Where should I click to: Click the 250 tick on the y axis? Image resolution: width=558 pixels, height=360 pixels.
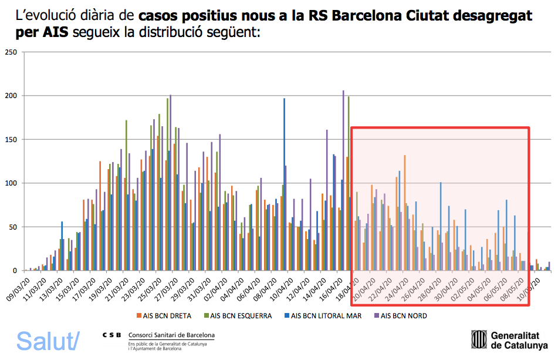(x=9, y=52)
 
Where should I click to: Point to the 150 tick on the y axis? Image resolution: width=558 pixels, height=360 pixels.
(x=9, y=140)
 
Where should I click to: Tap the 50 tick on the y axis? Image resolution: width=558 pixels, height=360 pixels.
(x=11, y=227)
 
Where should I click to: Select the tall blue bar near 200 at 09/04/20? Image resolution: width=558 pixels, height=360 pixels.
(x=284, y=185)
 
